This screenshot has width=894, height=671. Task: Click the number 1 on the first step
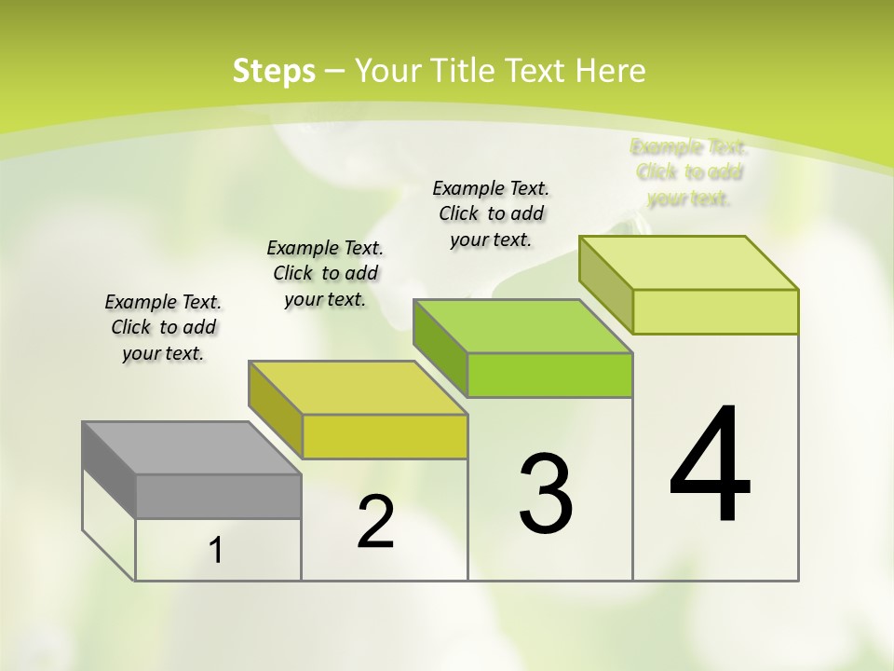point(216,551)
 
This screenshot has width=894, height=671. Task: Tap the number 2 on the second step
point(375,522)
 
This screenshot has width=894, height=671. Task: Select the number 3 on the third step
point(546,494)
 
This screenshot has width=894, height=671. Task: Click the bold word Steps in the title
point(274,71)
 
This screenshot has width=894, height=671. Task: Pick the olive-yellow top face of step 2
point(359,388)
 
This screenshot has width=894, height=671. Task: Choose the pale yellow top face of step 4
point(689,263)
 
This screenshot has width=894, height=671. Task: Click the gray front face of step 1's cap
point(218,496)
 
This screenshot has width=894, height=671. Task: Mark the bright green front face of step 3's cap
point(549,375)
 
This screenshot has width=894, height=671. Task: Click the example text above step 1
point(163,327)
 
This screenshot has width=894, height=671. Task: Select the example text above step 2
point(325,273)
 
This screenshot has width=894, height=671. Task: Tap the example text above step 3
point(491,213)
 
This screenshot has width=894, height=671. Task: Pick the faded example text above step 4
point(689,172)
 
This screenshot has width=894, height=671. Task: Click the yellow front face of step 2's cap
point(385,436)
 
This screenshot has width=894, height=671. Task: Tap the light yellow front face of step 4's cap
point(715,311)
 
